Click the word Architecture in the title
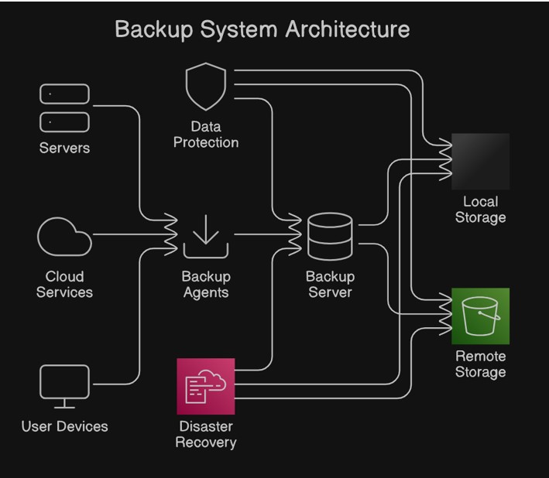(348, 29)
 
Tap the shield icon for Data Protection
(206, 87)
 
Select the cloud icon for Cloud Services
(64, 237)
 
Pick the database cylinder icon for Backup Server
(330, 237)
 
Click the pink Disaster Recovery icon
(205, 386)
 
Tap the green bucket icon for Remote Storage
(481, 316)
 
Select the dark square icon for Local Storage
(481, 161)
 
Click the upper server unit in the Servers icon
(64, 94)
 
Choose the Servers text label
(64, 148)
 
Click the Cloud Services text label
(64, 285)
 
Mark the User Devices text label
(64, 426)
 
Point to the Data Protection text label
(206, 135)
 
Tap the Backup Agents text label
(206, 285)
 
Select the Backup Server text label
(330, 285)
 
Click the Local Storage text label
(481, 210)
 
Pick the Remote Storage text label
(481, 364)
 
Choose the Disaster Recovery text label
(206, 435)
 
